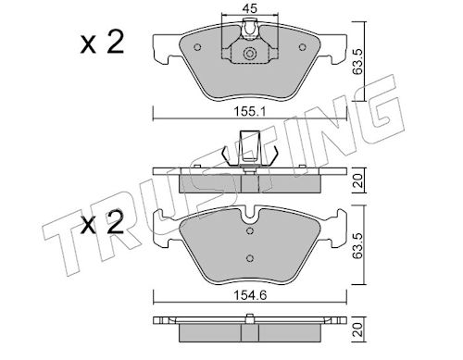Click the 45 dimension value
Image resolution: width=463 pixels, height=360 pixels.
pos(250,8)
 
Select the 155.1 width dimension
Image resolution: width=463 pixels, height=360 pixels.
pos(250,111)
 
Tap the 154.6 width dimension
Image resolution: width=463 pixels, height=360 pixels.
pos(250,295)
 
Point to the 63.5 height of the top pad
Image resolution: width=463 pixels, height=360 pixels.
pos(358,62)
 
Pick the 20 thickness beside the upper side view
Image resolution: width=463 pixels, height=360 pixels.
pos(358,180)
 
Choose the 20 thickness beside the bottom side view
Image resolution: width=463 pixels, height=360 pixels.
pos(358,329)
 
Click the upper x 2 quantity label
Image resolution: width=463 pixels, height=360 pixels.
pos(102,43)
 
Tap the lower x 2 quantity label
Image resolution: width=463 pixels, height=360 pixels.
pos(102,222)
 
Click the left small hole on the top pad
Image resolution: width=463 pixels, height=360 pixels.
pos(197,47)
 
